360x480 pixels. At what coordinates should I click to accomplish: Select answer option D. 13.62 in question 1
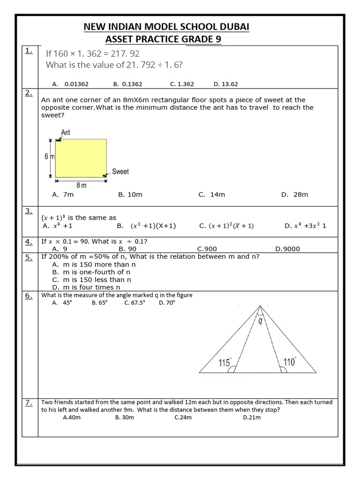(x=225, y=84)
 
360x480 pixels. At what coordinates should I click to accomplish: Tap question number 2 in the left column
(x=29, y=93)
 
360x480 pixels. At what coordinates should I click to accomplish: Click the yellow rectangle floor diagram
(x=81, y=157)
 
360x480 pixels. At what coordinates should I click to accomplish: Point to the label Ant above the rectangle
(x=66, y=133)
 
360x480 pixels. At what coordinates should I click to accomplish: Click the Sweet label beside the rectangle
(x=120, y=172)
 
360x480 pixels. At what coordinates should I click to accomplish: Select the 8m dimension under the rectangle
(x=81, y=185)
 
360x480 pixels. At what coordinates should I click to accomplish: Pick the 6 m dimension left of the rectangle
(x=49, y=157)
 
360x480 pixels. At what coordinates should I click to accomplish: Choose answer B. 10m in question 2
(x=130, y=195)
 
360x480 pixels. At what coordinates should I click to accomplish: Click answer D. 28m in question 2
(x=294, y=195)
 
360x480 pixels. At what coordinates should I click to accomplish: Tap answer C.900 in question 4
(x=207, y=249)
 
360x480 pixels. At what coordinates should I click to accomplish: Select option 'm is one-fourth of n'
(x=91, y=272)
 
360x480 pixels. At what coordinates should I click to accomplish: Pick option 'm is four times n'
(x=86, y=287)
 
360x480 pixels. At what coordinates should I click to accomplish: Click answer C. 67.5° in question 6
(x=135, y=303)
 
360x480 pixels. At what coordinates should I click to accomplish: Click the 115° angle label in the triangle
(x=225, y=362)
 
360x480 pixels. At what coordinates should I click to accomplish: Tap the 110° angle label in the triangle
(x=290, y=361)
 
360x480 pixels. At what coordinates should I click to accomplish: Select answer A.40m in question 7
(x=72, y=417)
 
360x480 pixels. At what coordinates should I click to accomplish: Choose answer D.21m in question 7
(x=252, y=417)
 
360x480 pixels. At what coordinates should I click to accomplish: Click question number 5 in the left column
(x=29, y=257)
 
